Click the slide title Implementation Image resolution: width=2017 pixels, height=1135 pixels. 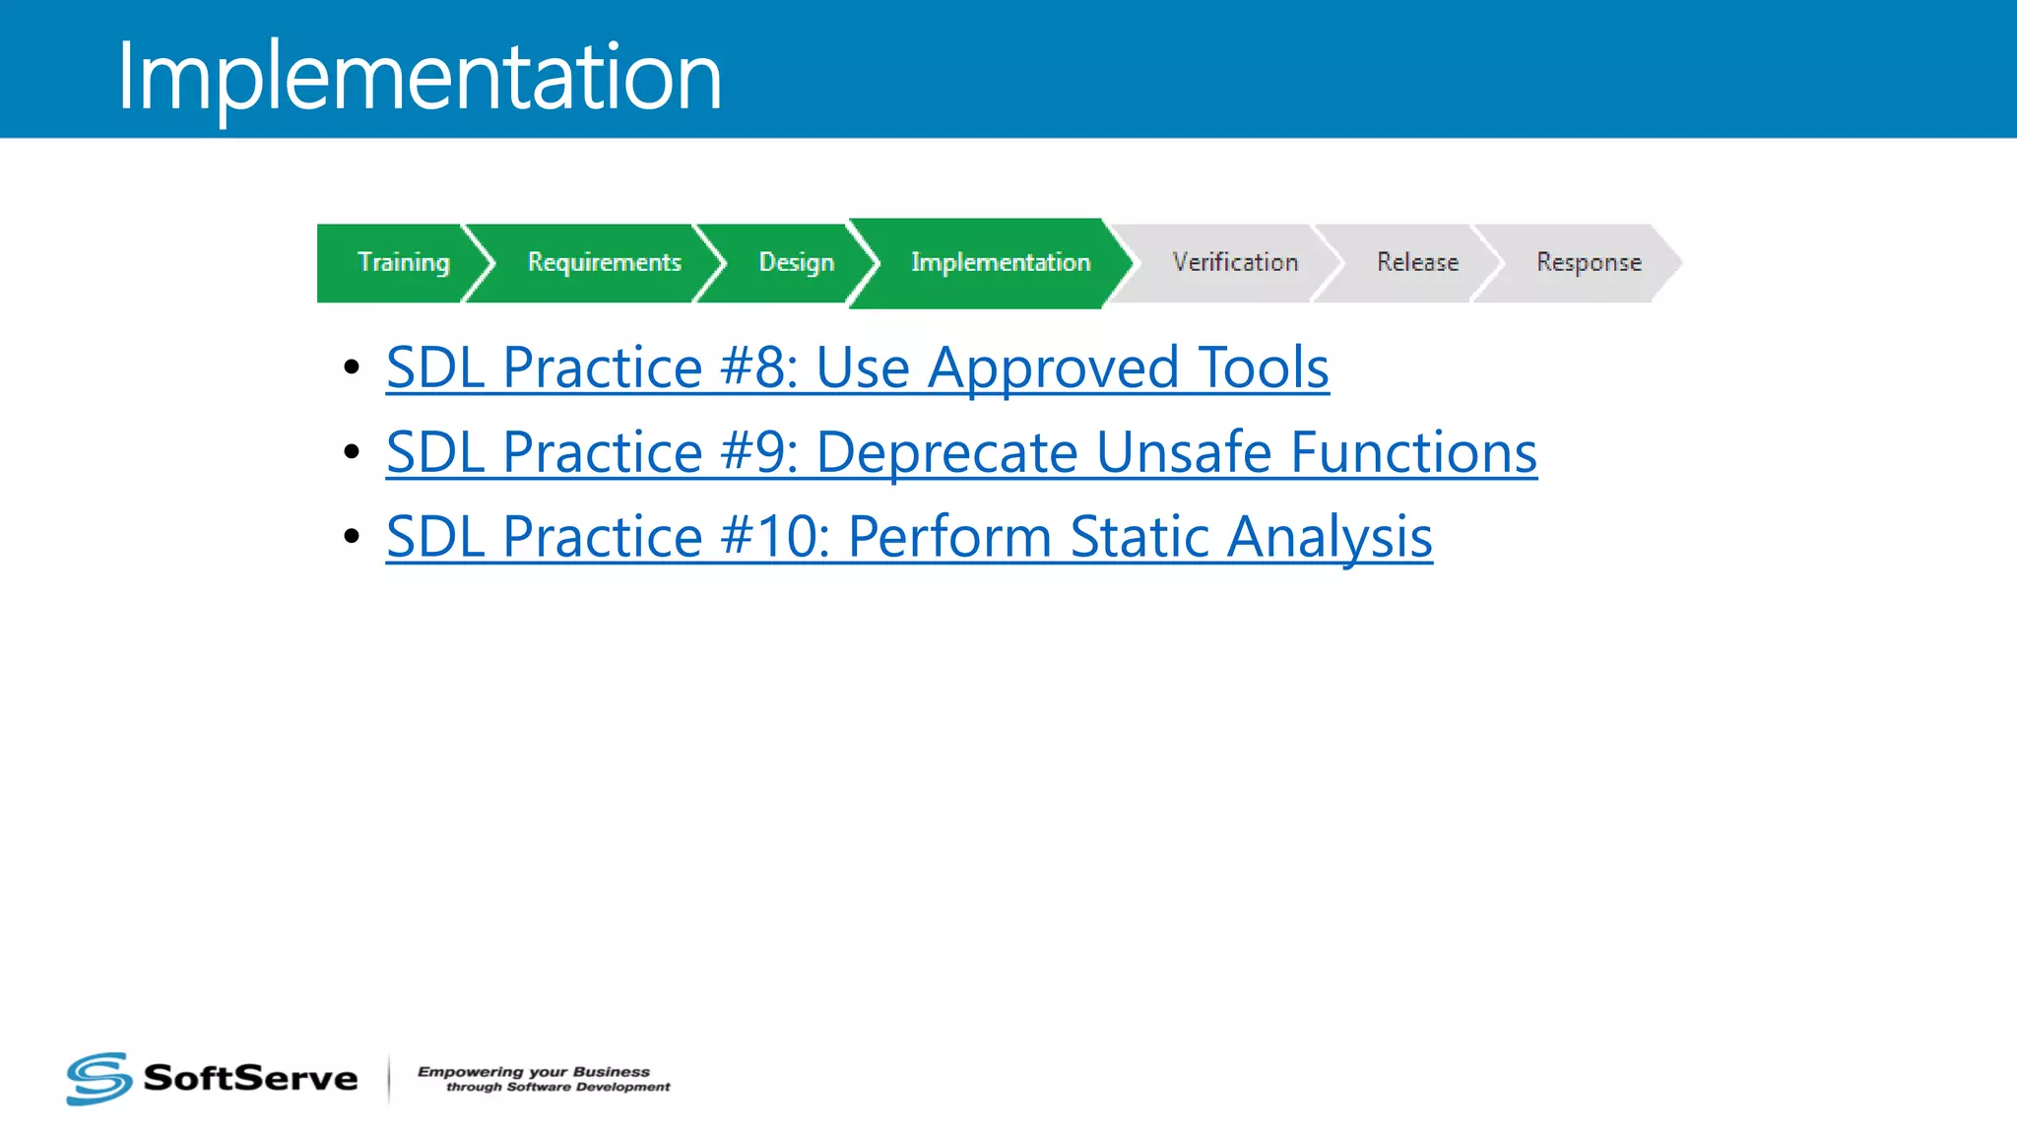pyautogui.click(x=419, y=77)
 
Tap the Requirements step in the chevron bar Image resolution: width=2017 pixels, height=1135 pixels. pyautogui.click(x=604, y=262)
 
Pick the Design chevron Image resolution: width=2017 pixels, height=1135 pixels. pyautogui.click(x=795, y=262)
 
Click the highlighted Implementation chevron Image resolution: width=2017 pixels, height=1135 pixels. pyautogui.click(x=1000, y=262)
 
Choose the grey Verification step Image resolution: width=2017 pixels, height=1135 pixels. pyautogui.click(x=1234, y=262)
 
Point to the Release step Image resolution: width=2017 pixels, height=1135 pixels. pyautogui.click(x=1416, y=262)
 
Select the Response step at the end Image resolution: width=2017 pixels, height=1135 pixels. pyautogui.click(x=1588, y=262)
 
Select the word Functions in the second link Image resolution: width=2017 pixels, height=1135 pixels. pyautogui.click(x=1412, y=452)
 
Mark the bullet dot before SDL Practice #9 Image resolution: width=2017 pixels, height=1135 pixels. pyautogui.click(x=352, y=452)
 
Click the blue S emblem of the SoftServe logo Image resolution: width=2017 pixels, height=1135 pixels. pyautogui.click(x=98, y=1078)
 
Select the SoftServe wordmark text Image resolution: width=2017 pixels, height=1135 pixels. pyautogui.click(x=250, y=1078)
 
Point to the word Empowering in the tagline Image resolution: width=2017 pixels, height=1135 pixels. pyautogui.click(x=470, y=1071)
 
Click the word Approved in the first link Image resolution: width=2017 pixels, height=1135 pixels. pyautogui.click(x=1053, y=367)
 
